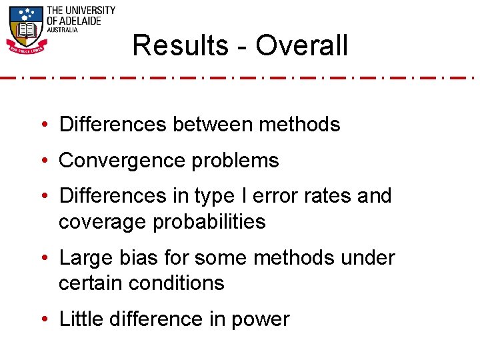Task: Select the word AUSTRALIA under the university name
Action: [x=62, y=30]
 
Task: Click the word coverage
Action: [x=103, y=222]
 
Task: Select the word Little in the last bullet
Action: [x=79, y=319]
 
